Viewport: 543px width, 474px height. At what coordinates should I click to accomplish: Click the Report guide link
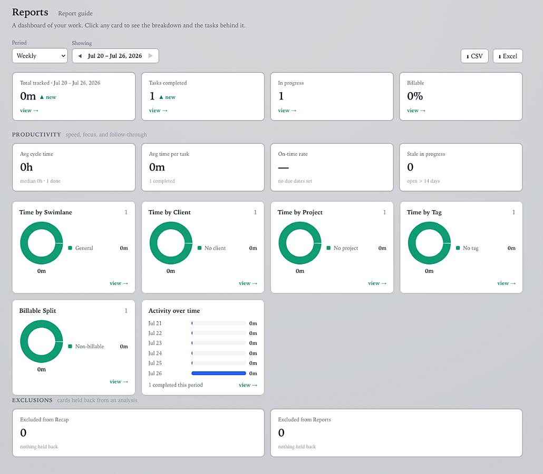pos(75,14)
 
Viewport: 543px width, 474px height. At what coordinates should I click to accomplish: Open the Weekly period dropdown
pos(40,56)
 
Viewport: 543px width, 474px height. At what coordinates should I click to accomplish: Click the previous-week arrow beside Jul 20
pos(80,56)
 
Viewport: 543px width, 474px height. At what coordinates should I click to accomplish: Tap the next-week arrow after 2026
pos(150,56)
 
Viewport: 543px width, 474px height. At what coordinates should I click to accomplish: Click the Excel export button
pos(508,56)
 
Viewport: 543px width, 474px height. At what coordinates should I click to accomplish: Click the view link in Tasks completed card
pos(158,111)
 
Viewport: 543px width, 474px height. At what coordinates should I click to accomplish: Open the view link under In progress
pos(287,111)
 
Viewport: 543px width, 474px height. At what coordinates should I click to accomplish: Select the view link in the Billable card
pos(416,111)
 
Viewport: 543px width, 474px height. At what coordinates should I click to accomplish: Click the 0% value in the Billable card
pos(415,96)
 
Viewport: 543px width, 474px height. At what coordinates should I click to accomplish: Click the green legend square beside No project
pos(328,248)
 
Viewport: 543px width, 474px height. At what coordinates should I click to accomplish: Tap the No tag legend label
pos(471,248)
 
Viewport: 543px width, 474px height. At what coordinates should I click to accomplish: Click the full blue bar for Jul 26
pos(218,373)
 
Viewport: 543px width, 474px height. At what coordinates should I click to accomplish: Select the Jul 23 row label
pos(155,343)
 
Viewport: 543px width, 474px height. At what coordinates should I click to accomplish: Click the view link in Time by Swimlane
pos(119,283)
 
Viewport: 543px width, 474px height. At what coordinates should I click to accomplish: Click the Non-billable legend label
pos(89,347)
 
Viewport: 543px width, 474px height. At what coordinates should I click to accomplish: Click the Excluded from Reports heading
pos(304,420)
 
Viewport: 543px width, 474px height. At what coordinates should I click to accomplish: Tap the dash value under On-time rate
pos(283,168)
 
